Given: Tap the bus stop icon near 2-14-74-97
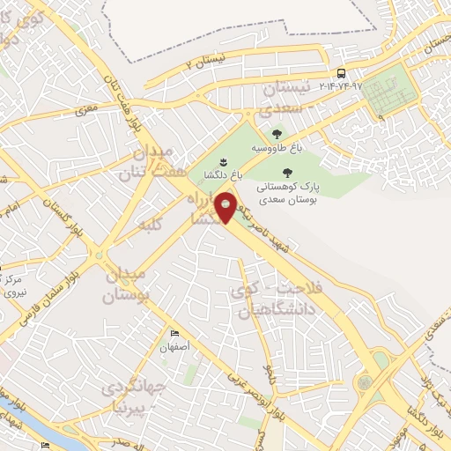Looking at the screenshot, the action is click(x=341, y=73).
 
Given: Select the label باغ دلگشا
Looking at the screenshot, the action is click(x=221, y=174).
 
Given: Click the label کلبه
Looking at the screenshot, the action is click(x=152, y=225).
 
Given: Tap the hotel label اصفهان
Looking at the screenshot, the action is click(x=175, y=346).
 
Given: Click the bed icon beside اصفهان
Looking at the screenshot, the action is click(x=174, y=333).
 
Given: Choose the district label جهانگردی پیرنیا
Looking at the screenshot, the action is click(x=133, y=396).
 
